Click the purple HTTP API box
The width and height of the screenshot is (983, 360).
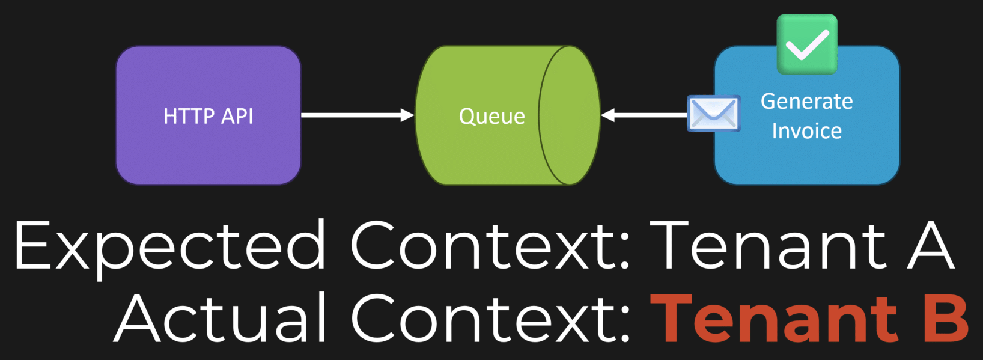pyautogui.click(x=208, y=115)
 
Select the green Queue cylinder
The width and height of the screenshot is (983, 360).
pyautogui.click(x=507, y=115)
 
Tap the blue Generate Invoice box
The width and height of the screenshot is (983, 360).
pyautogui.click(x=807, y=115)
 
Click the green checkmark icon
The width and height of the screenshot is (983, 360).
pyautogui.click(x=807, y=44)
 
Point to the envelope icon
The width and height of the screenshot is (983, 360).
pyautogui.click(x=714, y=113)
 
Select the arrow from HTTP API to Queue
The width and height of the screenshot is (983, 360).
pyautogui.click(x=358, y=115)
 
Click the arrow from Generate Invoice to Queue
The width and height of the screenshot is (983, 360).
pyautogui.click(x=644, y=115)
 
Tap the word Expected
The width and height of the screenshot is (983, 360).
pyautogui.click(x=170, y=246)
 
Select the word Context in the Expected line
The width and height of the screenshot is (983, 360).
pyautogui.click(x=490, y=246)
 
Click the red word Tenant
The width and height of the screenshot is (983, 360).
pyautogui.click(x=774, y=319)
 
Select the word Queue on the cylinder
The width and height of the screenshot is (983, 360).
pyautogui.click(x=492, y=117)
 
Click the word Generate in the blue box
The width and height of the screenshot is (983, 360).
pyautogui.click(x=806, y=102)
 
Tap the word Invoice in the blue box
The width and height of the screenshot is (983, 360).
pyautogui.click(x=806, y=131)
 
